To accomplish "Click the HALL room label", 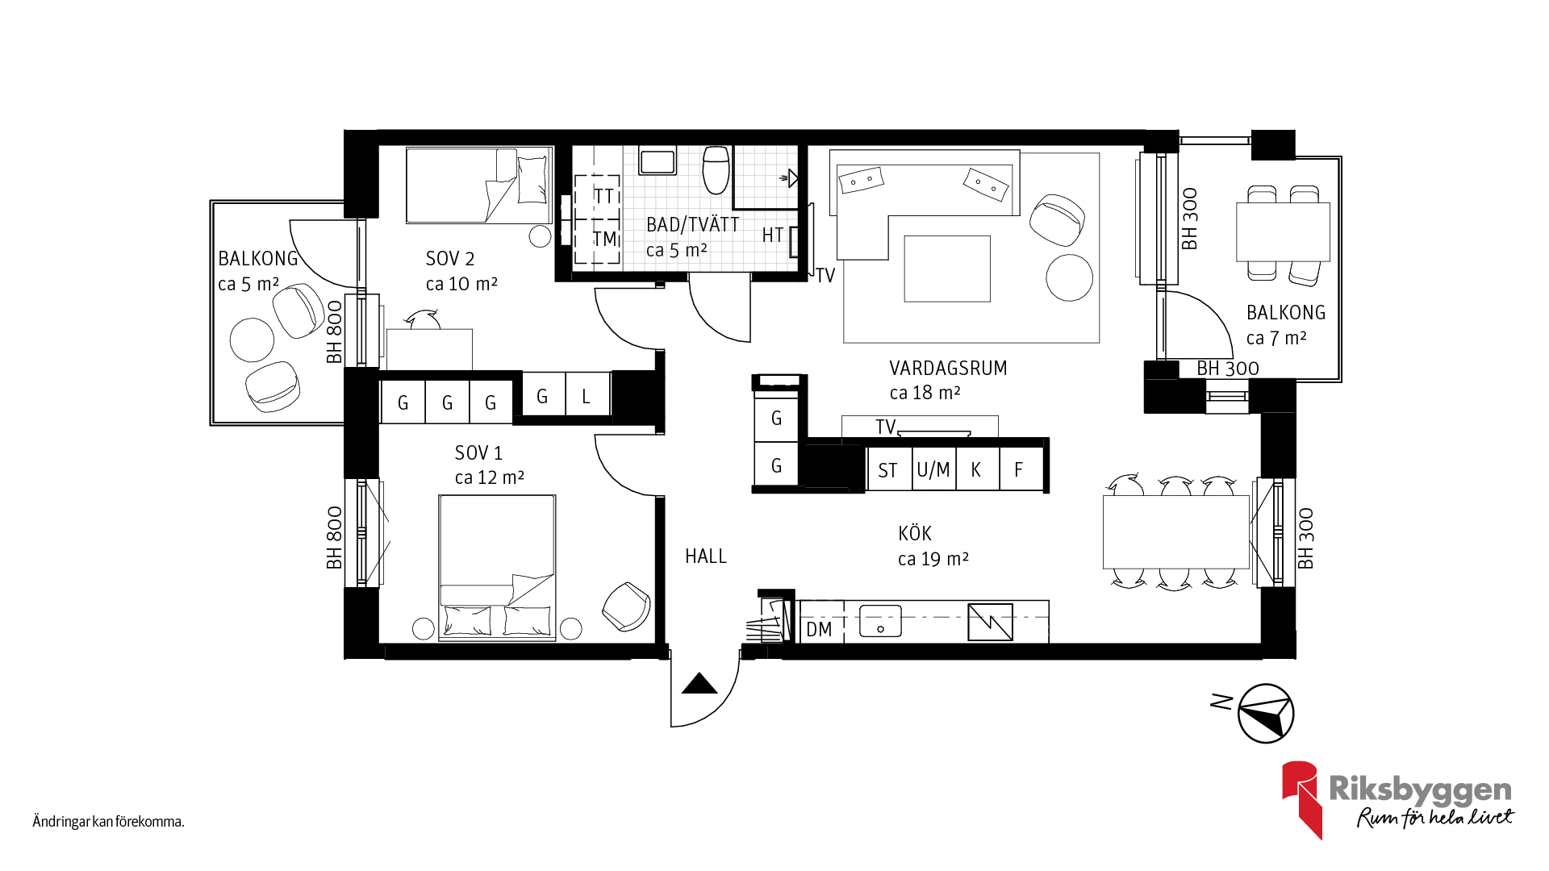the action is pos(705,556).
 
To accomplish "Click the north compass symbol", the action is pos(1265,713).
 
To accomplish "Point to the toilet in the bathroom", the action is pos(716,169).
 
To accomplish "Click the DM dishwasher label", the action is pos(819,629).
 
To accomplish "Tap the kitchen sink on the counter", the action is pos(880,621).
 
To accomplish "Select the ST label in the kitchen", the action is pos(887,470).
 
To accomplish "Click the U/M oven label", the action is pos(933,469).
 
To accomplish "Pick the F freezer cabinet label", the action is pos(1019,469).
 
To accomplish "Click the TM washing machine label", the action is pos(605,239).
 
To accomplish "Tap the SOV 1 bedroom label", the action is pos(478,452).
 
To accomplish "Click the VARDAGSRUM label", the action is pos(948,368).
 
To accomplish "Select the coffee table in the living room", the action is pos(947,269).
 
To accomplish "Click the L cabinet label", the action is pos(586,396).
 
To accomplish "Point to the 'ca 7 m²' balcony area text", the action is pos(1276,338).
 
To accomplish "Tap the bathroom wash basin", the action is pos(657,160).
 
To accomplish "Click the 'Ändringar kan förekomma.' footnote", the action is pos(108,822).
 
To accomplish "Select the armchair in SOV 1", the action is pos(626,606).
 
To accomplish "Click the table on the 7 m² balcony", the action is pos(1283,232).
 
